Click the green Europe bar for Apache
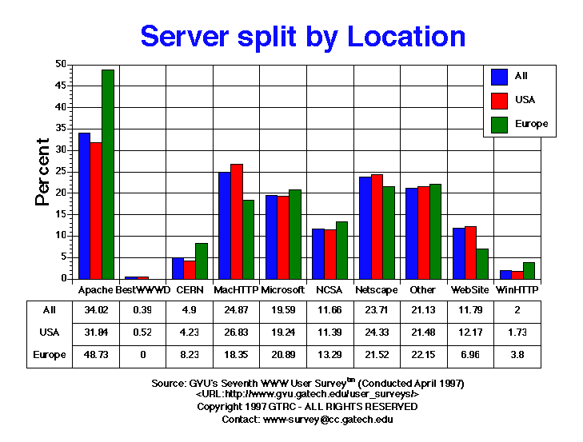(x=107, y=174)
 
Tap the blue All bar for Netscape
(x=365, y=228)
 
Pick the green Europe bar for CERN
(x=202, y=261)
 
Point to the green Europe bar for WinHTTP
(x=529, y=270)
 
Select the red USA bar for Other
(x=423, y=233)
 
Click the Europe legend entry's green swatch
(x=500, y=124)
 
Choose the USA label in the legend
(x=525, y=100)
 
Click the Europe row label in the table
(x=48, y=354)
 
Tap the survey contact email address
(x=328, y=419)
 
